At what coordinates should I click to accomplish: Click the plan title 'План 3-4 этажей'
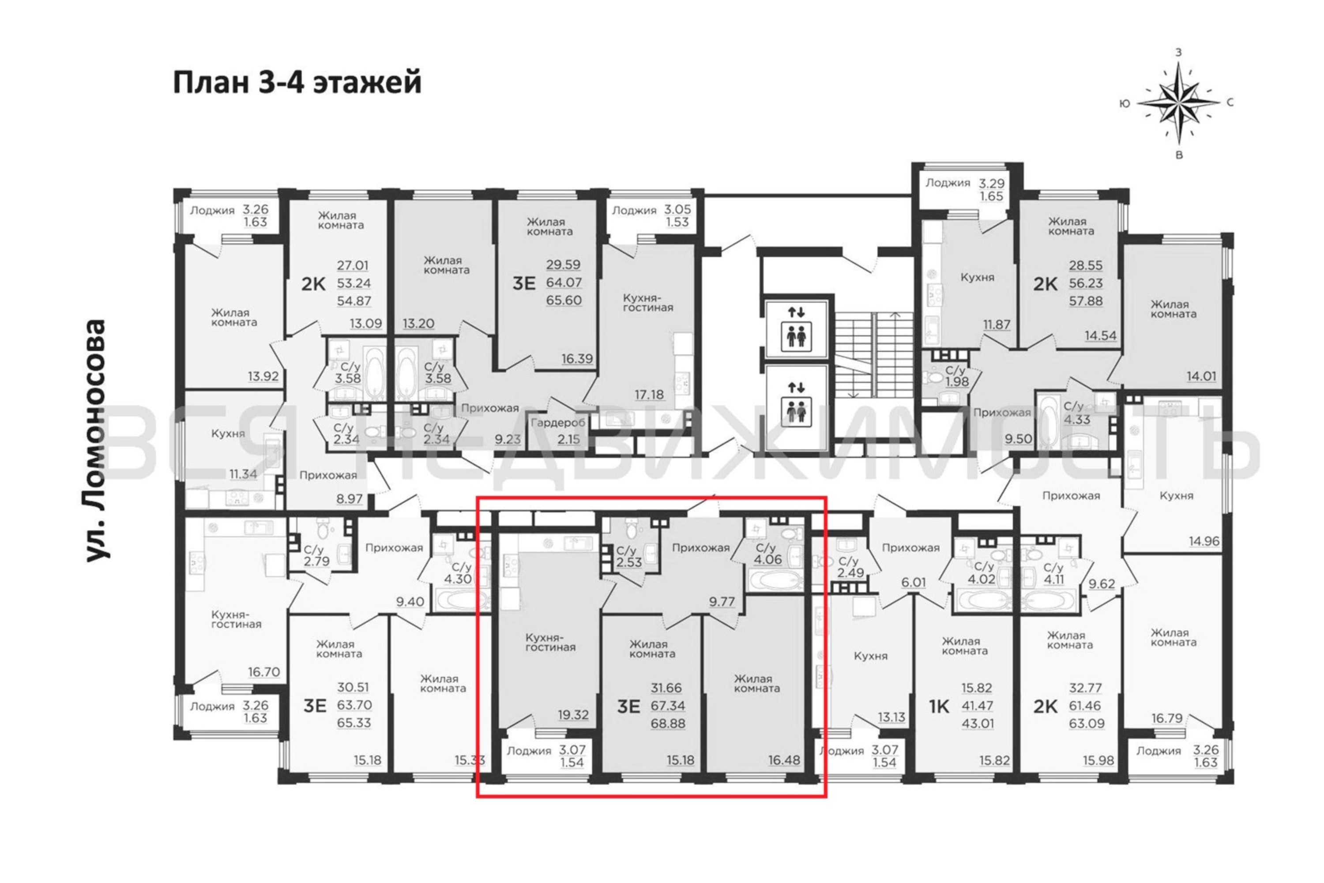click(x=297, y=83)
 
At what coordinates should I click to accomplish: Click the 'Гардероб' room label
click(x=558, y=423)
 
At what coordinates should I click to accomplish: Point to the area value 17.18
click(x=649, y=395)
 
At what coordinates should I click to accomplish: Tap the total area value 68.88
click(x=668, y=723)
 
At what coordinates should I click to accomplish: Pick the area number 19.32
click(x=573, y=715)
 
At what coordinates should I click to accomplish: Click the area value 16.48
click(x=784, y=760)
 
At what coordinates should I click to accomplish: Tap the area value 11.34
click(x=243, y=474)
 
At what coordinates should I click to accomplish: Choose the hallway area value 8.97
click(x=349, y=498)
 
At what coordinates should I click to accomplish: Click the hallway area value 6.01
click(x=913, y=582)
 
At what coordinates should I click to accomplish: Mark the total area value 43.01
click(x=978, y=723)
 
